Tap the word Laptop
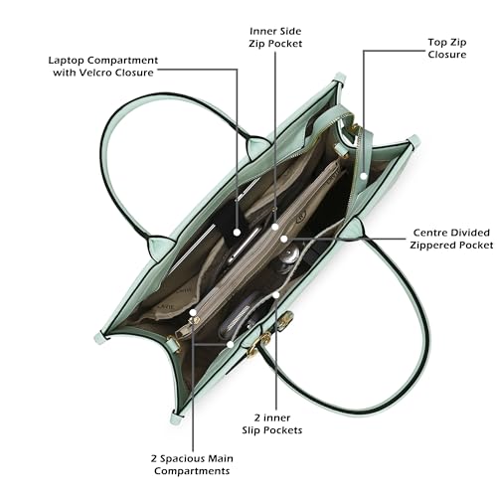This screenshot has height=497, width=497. (66, 61)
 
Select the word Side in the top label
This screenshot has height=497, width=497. (290, 31)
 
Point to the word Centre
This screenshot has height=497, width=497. (429, 233)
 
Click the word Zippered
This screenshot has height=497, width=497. (432, 246)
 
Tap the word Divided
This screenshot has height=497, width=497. (469, 233)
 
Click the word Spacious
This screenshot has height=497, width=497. (179, 459)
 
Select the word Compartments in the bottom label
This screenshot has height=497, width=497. (192, 471)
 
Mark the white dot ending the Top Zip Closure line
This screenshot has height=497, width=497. (364, 176)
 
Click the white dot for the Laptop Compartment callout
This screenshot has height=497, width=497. (237, 233)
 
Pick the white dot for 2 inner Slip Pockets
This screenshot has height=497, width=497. (276, 294)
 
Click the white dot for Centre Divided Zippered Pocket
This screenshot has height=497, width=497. (283, 239)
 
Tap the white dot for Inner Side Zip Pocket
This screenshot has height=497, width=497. (275, 227)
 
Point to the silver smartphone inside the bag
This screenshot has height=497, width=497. (243, 246)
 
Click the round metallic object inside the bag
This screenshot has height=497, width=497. (289, 255)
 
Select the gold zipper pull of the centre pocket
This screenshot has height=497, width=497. (195, 321)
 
